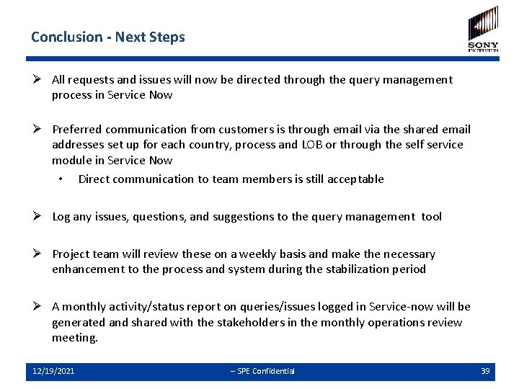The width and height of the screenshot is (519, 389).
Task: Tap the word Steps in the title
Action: pos(169,37)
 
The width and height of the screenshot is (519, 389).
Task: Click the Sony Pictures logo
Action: pos(483,29)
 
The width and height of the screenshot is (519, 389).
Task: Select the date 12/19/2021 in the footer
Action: pos(53,371)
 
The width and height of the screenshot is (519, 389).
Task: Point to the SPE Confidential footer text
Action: pos(262,371)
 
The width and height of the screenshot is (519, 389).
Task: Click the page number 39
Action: pos(485,371)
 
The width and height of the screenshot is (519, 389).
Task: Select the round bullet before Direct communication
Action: pos(63,179)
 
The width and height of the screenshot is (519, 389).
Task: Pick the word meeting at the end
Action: pos(74,338)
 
